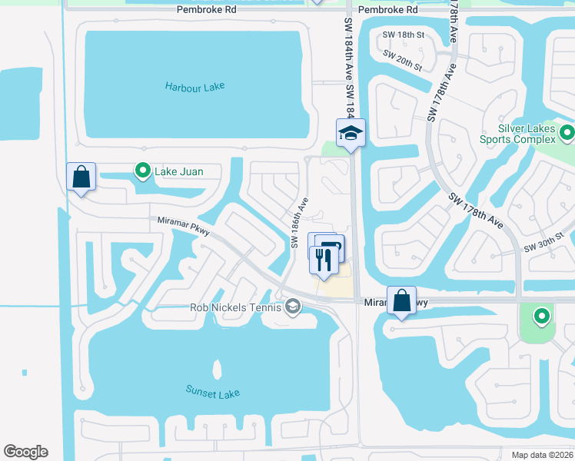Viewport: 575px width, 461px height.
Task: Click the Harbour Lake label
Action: pyautogui.click(x=194, y=87)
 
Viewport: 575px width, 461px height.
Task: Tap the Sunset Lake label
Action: pyautogui.click(x=212, y=392)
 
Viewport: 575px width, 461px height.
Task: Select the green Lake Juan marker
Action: pyautogui.click(x=141, y=171)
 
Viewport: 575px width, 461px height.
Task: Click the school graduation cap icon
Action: pyautogui.click(x=351, y=134)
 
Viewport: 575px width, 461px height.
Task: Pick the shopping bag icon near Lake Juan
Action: pyautogui.click(x=81, y=177)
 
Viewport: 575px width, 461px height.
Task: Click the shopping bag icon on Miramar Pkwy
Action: pyautogui.click(x=401, y=300)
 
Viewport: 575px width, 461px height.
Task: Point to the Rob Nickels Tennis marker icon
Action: pyautogui.click(x=292, y=307)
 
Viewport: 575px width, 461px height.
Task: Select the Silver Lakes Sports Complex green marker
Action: pyautogui.click(x=567, y=134)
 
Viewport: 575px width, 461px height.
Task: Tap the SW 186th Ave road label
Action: pyautogui.click(x=299, y=223)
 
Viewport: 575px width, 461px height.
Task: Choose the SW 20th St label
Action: pyautogui.click(x=403, y=61)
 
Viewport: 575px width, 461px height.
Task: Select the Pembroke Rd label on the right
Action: pyautogui.click(x=387, y=10)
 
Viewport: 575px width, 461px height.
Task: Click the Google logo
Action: pyautogui.click(x=25, y=452)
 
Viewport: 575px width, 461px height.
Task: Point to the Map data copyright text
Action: pyautogui.click(x=542, y=455)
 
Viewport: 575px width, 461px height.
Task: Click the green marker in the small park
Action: pyautogui.click(x=542, y=316)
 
